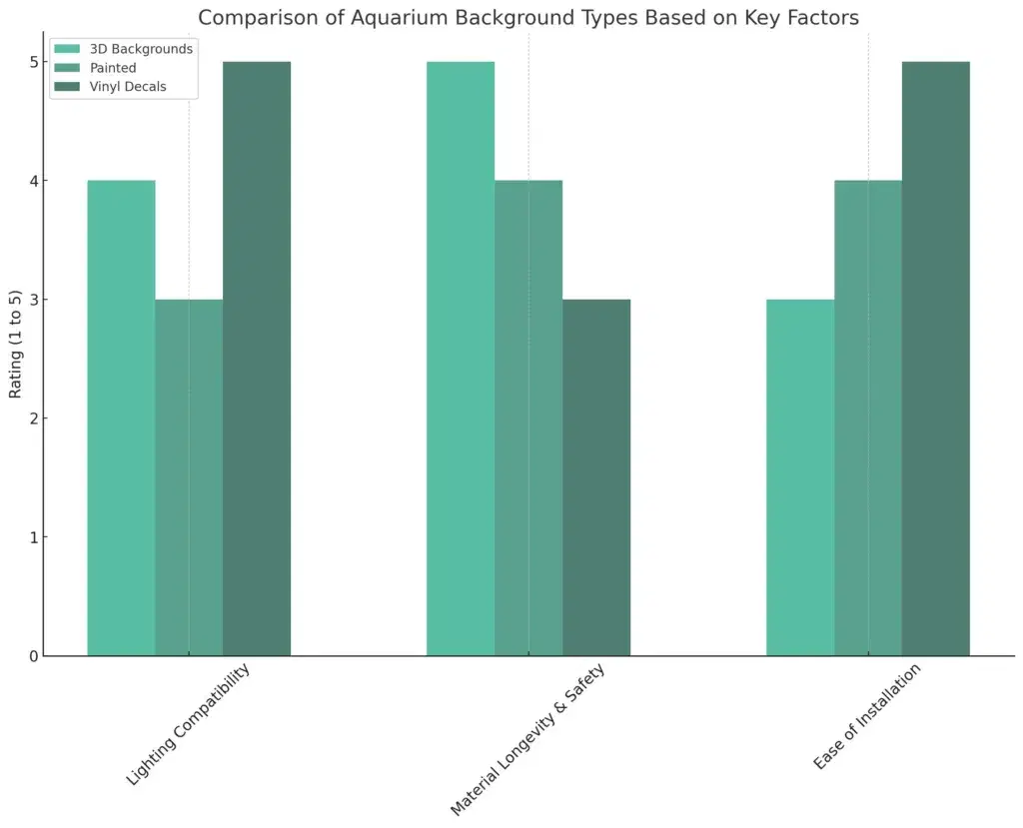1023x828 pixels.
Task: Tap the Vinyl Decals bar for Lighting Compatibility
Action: point(257,359)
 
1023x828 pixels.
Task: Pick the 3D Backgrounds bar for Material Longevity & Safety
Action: point(461,359)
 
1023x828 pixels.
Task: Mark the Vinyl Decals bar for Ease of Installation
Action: point(936,359)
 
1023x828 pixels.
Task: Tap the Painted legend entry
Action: point(113,68)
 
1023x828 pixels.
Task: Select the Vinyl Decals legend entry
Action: point(128,87)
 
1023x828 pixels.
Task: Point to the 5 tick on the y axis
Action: point(33,62)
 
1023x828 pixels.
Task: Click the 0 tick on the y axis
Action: point(33,656)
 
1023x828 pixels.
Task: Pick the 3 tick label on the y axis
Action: point(33,300)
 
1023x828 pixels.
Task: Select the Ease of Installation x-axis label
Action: point(868,716)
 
